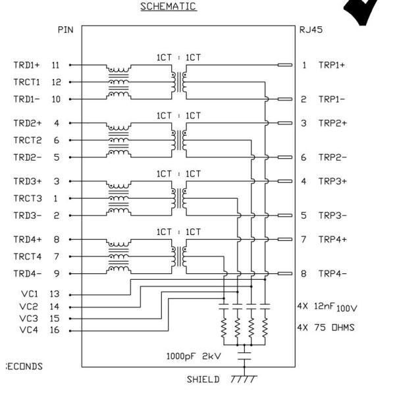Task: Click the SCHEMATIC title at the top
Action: (x=168, y=7)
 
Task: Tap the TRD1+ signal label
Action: (x=27, y=65)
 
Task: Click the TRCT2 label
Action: (x=27, y=140)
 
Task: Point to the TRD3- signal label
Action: (x=27, y=215)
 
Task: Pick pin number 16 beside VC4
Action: (x=55, y=330)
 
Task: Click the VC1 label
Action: (x=29, y=294)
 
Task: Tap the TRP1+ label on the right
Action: (x=332, y=65)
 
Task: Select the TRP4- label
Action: (x=332, y=273)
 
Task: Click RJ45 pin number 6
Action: (x=304, y=157)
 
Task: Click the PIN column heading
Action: (x=65, y=30)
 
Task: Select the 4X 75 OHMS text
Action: (x=326, y=327)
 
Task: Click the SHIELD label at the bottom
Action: (x=203, y=380)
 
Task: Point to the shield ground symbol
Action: (x=243, y=379)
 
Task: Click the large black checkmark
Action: (x=363, y=11)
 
